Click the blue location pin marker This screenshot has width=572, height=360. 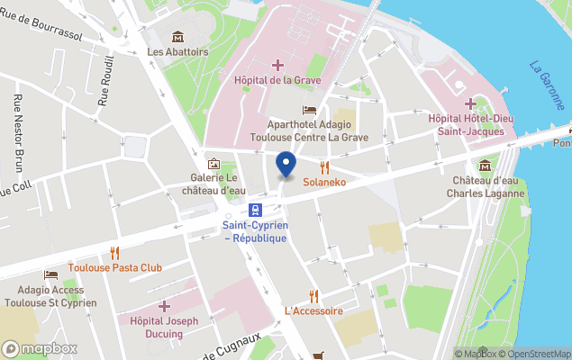pos(286,165)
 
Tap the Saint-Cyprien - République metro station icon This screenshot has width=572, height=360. pos(255,209)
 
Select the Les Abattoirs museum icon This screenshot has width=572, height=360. pos(177,37)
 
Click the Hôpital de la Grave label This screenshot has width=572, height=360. pos(277,80)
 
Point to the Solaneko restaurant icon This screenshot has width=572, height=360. pos(324,166)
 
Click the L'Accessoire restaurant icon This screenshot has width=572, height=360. pos(313,295)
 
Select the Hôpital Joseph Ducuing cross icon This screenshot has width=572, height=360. pos(164,307)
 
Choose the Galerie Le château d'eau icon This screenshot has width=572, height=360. pos(213,163)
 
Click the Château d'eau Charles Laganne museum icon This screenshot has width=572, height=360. pos(486,166)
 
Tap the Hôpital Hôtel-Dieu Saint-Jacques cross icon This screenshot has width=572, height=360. pos(471,103)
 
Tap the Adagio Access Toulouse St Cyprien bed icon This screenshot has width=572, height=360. pos(51,274)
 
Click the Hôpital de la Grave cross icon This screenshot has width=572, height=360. pos(277,64)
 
